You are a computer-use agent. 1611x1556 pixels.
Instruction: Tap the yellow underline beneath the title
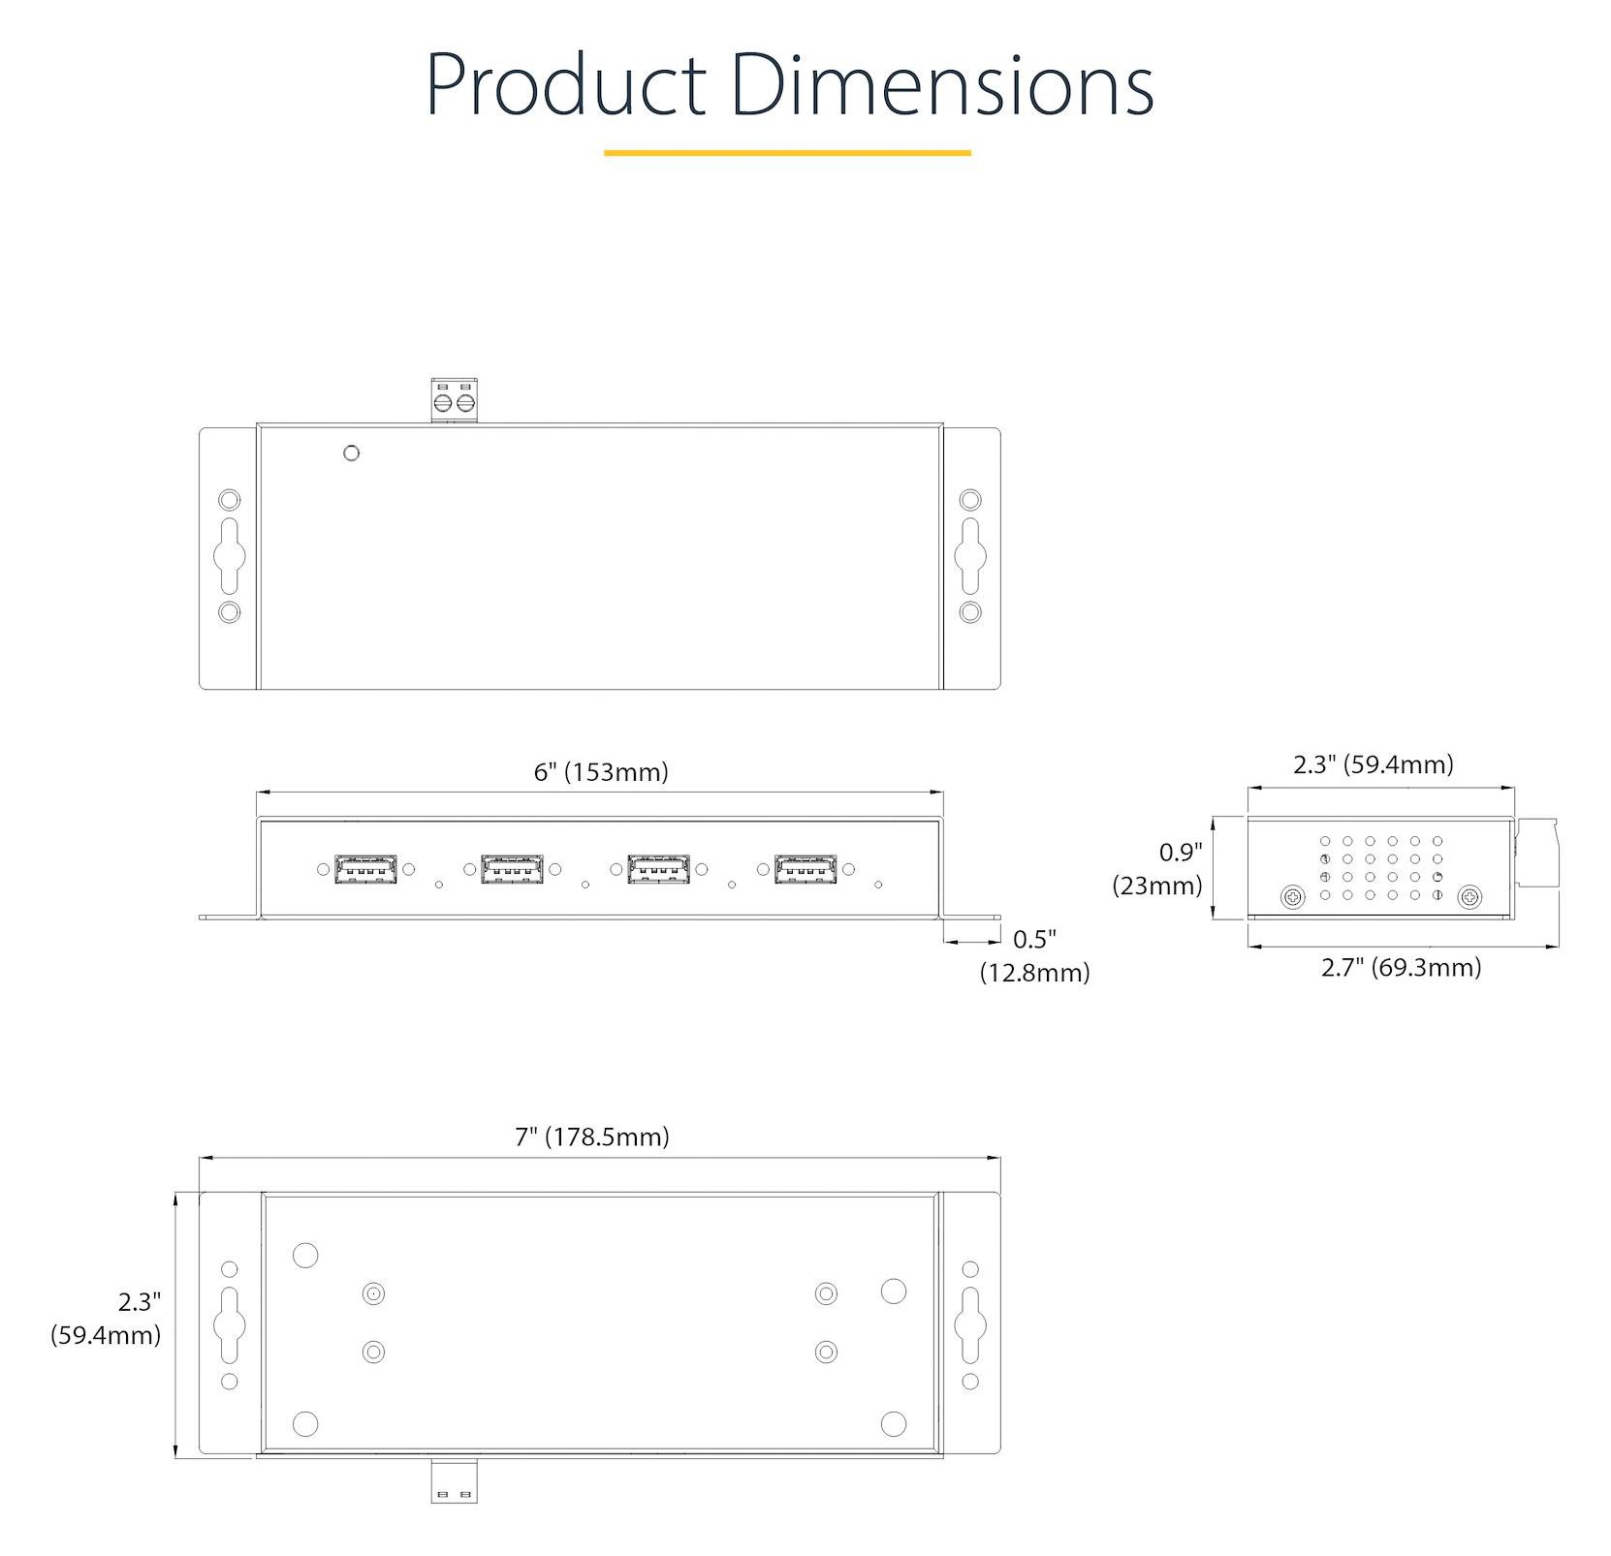point(787,152)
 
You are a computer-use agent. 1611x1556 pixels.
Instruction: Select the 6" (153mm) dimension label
point(601,772)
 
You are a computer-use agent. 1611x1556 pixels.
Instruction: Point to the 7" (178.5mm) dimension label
point(591,1136)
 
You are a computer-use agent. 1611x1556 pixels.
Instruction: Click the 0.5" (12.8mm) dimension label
point(1034,955)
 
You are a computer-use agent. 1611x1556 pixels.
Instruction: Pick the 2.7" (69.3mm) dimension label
point(1401,967)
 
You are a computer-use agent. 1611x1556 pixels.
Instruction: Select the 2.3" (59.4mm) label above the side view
point(1374,764)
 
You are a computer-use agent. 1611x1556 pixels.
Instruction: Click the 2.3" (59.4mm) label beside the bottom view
point(107,1319)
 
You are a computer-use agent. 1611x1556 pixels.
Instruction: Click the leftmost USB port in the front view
point(365,869)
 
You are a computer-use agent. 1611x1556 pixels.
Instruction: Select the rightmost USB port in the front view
point(805,869)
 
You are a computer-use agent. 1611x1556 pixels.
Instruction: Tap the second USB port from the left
point(512,869)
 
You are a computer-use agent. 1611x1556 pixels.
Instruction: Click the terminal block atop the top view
point(455,400)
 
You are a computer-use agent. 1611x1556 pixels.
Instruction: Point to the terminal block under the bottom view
point(454,1480)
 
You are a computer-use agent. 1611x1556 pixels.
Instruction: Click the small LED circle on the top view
point(352,452)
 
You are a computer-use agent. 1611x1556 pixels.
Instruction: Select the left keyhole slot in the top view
point(230,555)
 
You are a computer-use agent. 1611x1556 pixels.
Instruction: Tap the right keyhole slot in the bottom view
point(969,1324)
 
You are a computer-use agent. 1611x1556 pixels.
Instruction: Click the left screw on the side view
point(1292,898)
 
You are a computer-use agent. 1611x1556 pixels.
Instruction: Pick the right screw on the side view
point(1469,898)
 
